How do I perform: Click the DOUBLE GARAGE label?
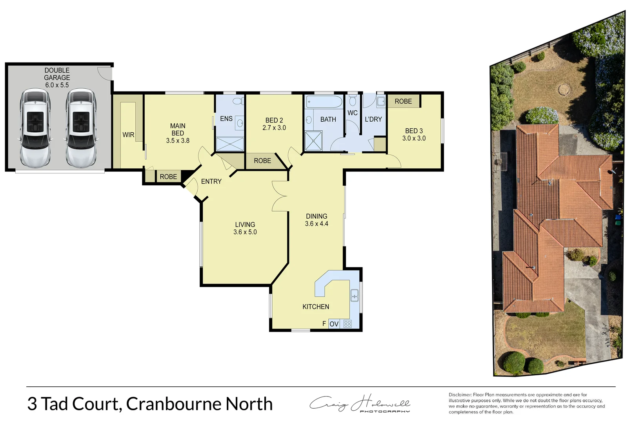click(57, 74)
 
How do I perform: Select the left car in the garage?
click(35, 128)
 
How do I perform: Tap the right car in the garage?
click(81, 128)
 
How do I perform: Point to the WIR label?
click(128, 135)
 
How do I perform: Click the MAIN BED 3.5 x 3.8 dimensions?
click(178, 141)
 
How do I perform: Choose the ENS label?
click(226, 119)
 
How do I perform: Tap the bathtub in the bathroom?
click(324, 102)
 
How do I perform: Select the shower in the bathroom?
click(313, 141)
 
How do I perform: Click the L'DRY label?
click(373, 119)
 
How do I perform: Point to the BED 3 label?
click(414, 131)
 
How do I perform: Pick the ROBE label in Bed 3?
click(403, 101)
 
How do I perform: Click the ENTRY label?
click(211, 181)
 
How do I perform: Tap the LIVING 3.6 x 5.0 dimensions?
click(245, 232)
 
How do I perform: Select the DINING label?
click(317, 216)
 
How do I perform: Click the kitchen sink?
click(354, 295)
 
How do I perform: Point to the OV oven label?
click(334, 324)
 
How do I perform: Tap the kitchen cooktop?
click(348, 324)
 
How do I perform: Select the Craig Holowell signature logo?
click(360, 404)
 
